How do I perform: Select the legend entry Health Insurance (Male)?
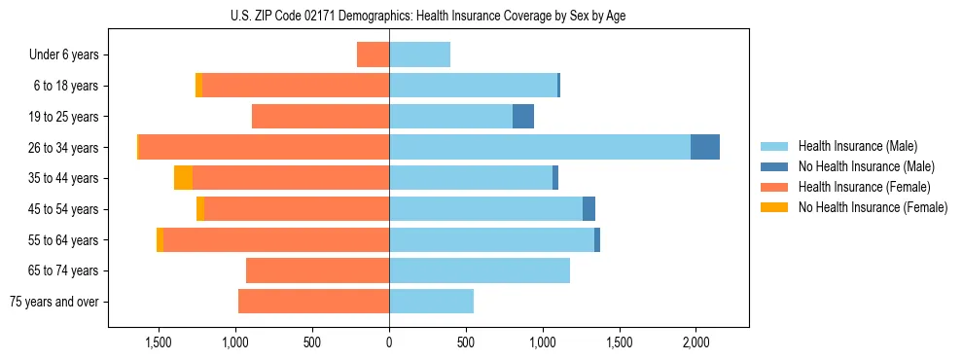coord(857,146)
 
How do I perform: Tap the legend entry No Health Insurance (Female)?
coord(873,207)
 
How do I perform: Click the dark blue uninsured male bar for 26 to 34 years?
coord(705,147)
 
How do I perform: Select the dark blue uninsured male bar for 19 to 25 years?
coord(523,117)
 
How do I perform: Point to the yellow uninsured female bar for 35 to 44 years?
coord(183,178)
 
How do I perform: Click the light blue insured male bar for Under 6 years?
coord(419,54)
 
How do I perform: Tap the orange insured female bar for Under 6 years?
coord(374,54)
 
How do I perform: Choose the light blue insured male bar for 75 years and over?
coord(431,302)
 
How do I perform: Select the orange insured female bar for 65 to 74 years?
coord(318,270)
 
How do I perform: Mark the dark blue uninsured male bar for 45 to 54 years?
coord(588,209)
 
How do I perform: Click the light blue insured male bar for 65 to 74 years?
coord(480,270)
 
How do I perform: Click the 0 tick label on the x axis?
coord(389,342)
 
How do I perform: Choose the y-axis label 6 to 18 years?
coord(66,86)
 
